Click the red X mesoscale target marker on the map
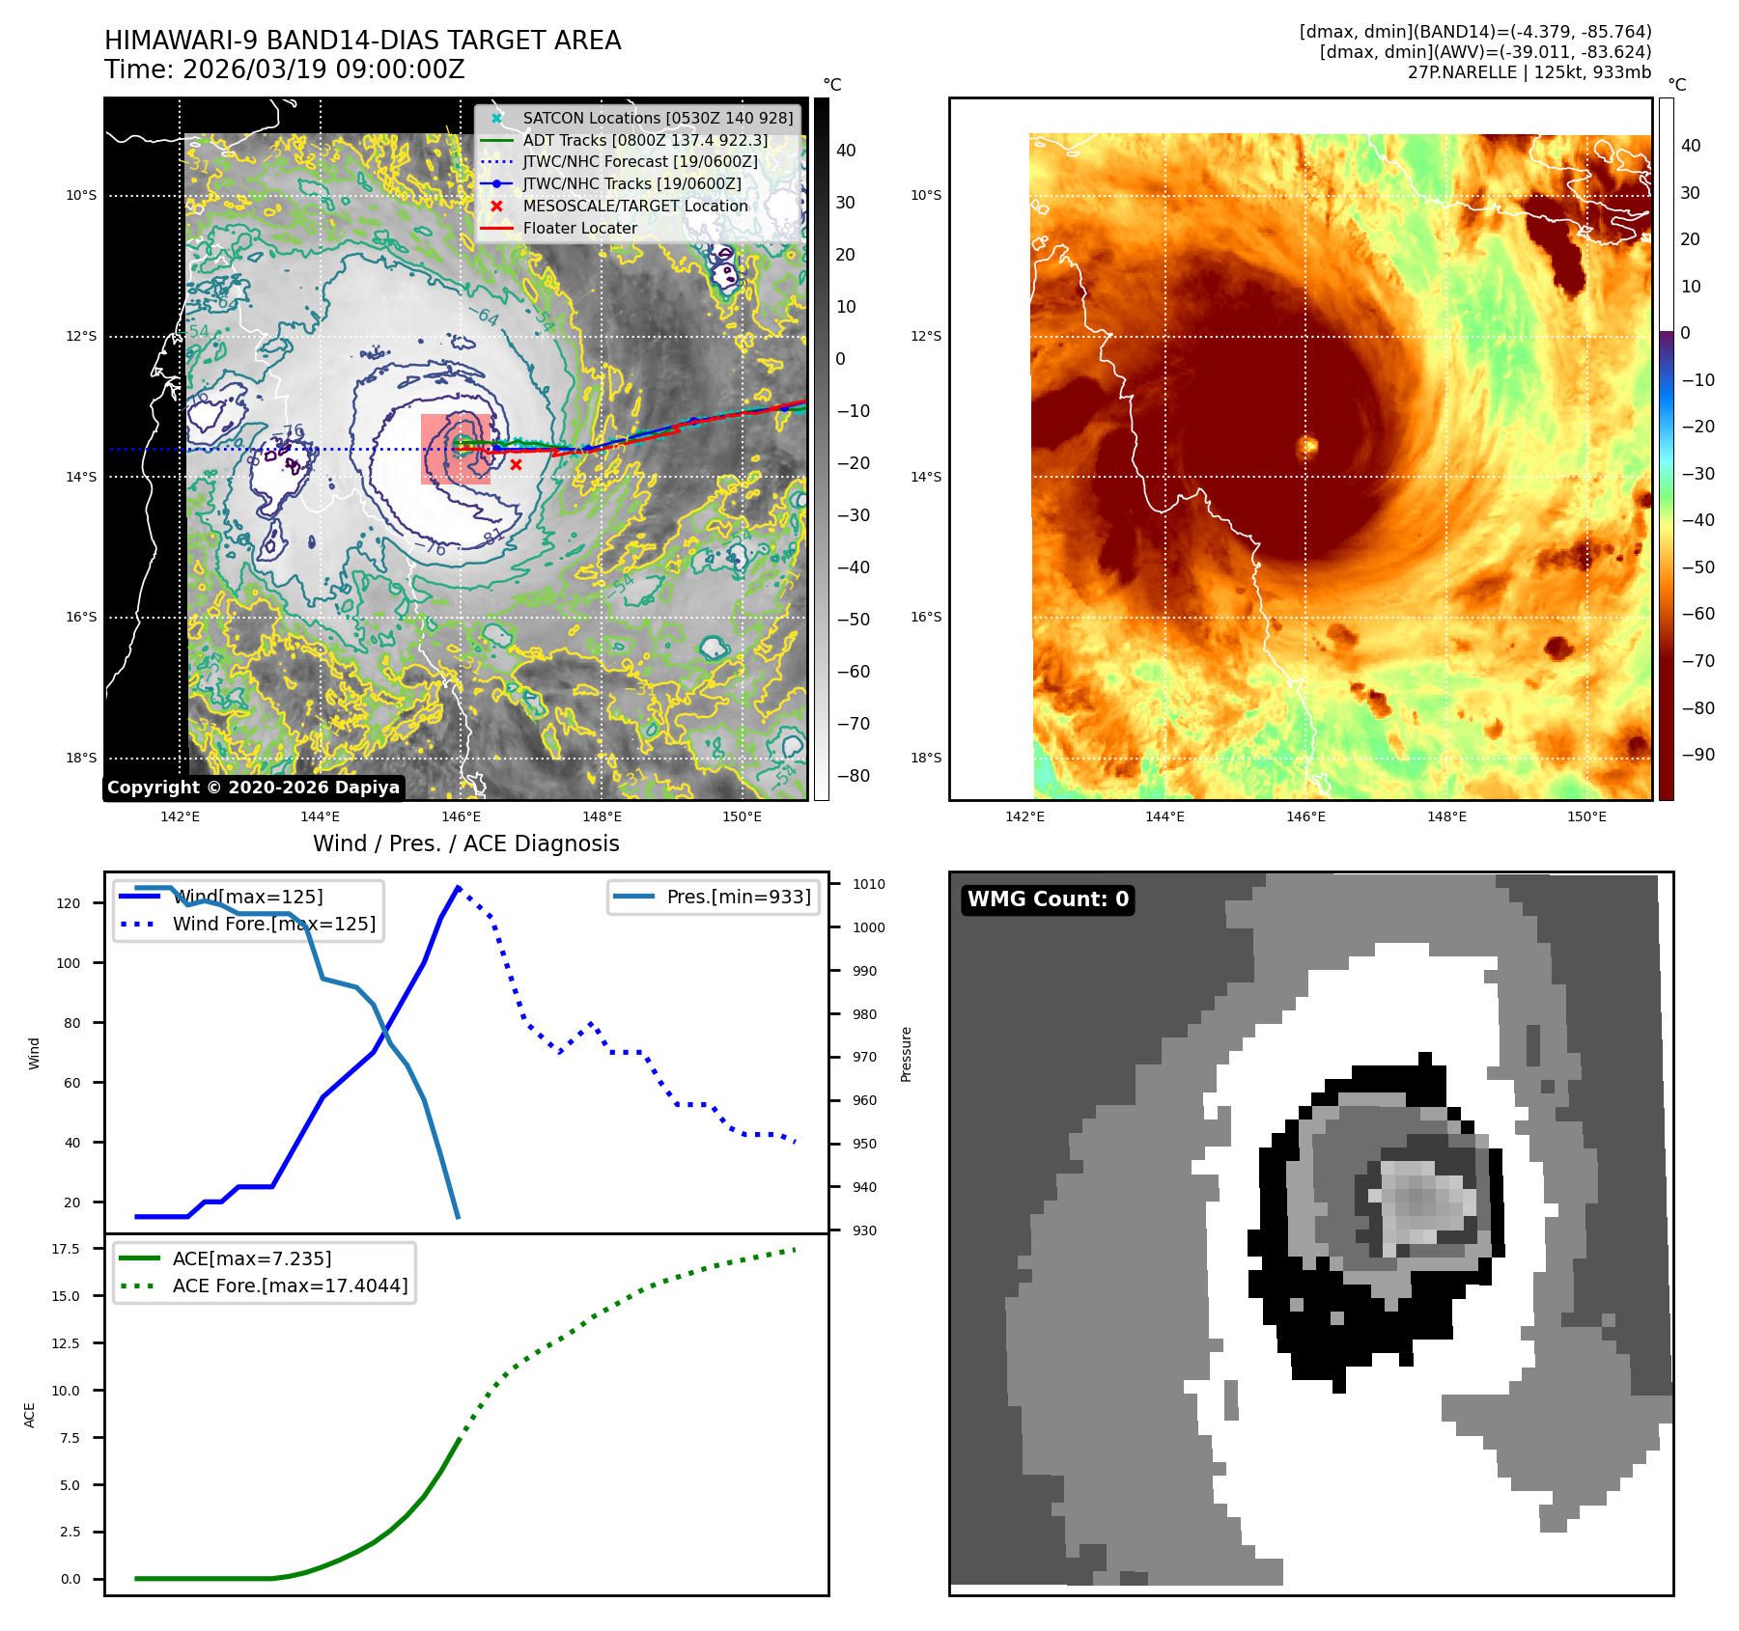pos(517,465)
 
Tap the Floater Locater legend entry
pos(579,228)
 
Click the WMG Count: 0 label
pos(1048,899)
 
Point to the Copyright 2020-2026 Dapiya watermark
pos(253,788)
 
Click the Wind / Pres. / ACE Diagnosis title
pos(465,843)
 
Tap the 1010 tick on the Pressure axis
pos(868,884)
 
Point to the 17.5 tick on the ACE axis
pos(66,1249)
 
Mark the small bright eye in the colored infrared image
pos(1308,445)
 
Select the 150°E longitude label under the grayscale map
pos(742,816)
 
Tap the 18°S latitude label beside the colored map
pos(925,758)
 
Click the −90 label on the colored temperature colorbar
pos(1697,755)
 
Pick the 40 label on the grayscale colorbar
pos(846,151)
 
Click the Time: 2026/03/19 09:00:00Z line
pos(285,69)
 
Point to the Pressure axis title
pos(906,1054)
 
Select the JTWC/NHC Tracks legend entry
pos(631,183)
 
